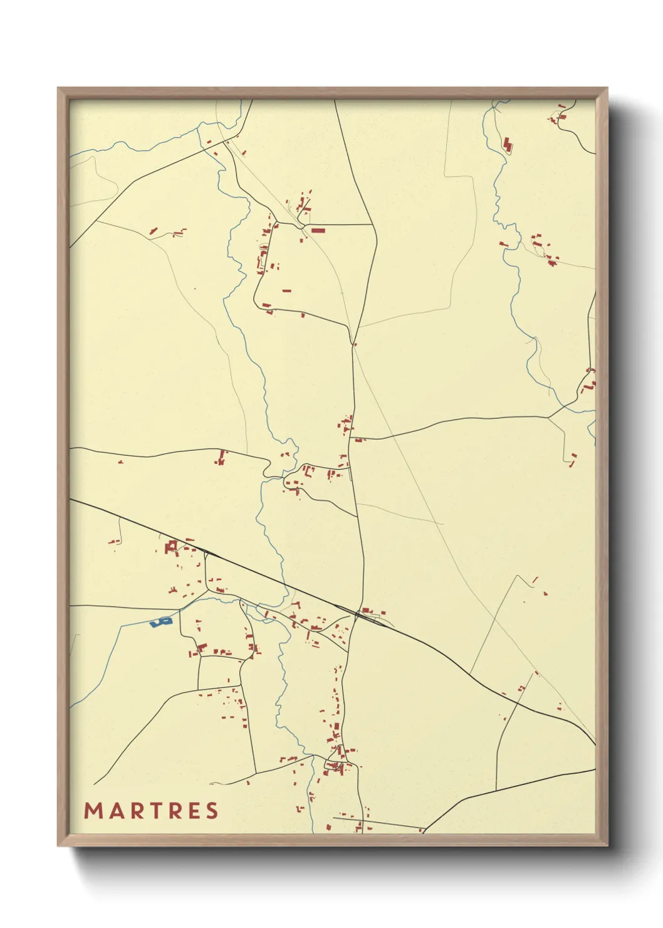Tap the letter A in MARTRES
115,811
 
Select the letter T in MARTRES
154,811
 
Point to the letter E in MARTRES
194,811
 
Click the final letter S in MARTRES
212,811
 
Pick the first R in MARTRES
134,811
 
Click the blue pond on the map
160,622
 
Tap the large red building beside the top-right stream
508,144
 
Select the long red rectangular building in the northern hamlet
318,231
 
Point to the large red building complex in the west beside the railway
171,547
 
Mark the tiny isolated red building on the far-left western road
120,462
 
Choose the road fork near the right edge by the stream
549,416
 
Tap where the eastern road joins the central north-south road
351,438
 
